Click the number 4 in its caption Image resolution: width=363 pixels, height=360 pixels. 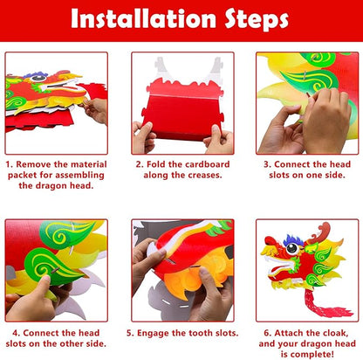(x=9, y=332)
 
